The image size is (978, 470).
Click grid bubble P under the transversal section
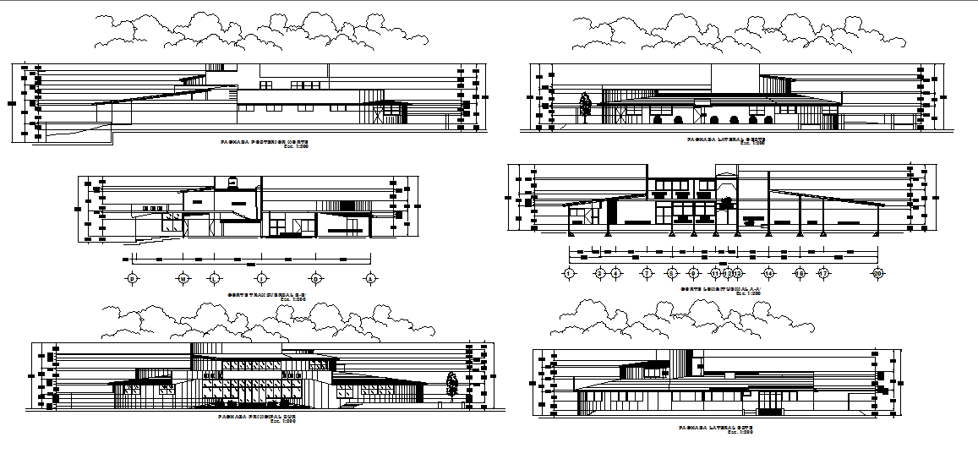(x=131, y=278)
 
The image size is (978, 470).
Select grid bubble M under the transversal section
(x=182, y=278)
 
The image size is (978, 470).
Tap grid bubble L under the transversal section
(x=214, y=278)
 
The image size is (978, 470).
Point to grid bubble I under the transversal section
(x=262, y=278)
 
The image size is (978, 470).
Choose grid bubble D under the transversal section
(x=315, y=278)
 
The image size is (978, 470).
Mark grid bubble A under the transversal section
(x=369, y=278)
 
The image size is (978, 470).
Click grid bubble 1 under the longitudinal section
(x=569, y=273)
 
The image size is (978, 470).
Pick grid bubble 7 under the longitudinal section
(x=647, y=273)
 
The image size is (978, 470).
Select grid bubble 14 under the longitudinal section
(x=768, y=273)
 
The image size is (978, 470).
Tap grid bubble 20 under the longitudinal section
(x=878, y=273)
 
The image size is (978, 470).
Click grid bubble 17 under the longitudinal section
(x=822, y=273)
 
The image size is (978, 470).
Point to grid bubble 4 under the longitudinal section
(x=615, y=273)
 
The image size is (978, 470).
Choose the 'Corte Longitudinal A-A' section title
(x=721, y=290)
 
